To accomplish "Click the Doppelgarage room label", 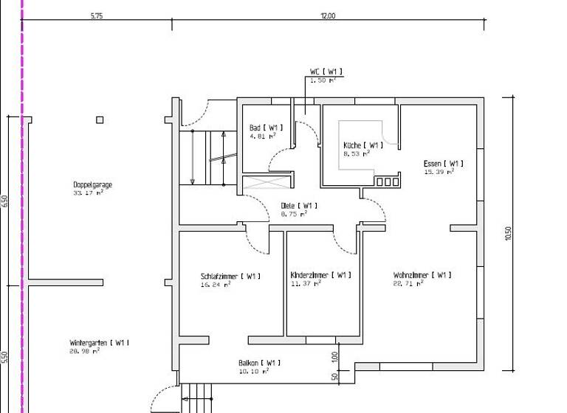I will [x=92, y=185].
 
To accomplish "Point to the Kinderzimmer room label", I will [x=320, y=275].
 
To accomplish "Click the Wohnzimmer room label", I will [x=422, y=275].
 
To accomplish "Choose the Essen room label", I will [x=444, y=164].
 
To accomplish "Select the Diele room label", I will [x=299, y=206].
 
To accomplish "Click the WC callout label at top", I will [x=326, y=72].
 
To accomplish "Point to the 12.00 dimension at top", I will [x=328, y=15].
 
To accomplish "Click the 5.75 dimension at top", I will [x=97, y=15].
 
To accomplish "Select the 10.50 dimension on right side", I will [x=508, y=232].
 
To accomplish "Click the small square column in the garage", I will [x=100, y=120].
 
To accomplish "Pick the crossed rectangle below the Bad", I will [x=267, y=182].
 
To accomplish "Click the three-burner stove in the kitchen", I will [x=387, y=181].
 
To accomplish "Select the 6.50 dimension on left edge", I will [x=5, y=201].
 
